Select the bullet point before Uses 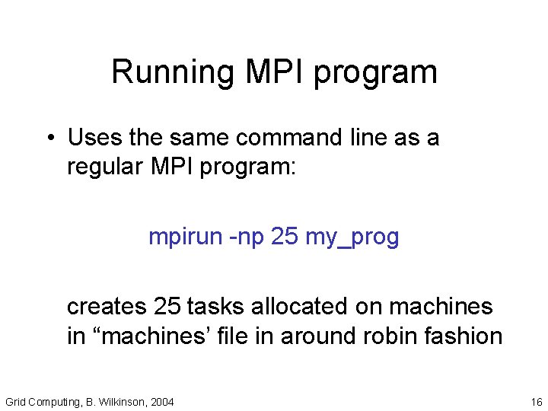pos(48,139)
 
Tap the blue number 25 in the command pos(284,237)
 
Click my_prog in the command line pos(352,238)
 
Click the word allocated pos(298,307)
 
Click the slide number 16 pos(536,401)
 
